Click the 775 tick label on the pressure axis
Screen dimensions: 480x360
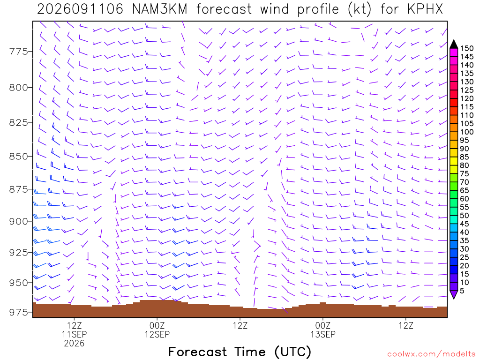[x=18, y=52]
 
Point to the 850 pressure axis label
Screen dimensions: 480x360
[x=18, y=157]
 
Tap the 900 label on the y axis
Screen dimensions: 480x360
[x=18, y=221]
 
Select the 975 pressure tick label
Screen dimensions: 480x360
[x=18, y=312]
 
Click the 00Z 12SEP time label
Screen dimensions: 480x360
[x=157, y=330]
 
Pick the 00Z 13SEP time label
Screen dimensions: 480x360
[x=323, y=330]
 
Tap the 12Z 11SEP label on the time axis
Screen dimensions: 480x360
[x=75, y=330]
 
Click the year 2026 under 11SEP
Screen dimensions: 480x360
[x=75, y=343]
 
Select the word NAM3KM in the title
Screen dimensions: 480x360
[x=159, y=9]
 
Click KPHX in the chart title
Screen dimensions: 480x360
[x=425, y=9]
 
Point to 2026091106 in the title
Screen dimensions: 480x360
[x=80, y=9]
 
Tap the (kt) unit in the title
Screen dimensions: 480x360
[x=360, y=9]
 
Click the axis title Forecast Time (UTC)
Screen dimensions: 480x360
[x=240, y=352]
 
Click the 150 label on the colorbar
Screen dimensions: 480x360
[x=467, y=48]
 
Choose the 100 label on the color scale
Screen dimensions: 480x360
[x=467, y=132]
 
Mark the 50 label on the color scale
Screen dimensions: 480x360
[x=465, y=216]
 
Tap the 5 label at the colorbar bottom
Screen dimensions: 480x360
[x=462, y=291]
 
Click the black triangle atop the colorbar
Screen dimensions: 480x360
[x=454, y=45]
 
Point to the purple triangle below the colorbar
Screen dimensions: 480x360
[x=454, y=294]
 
